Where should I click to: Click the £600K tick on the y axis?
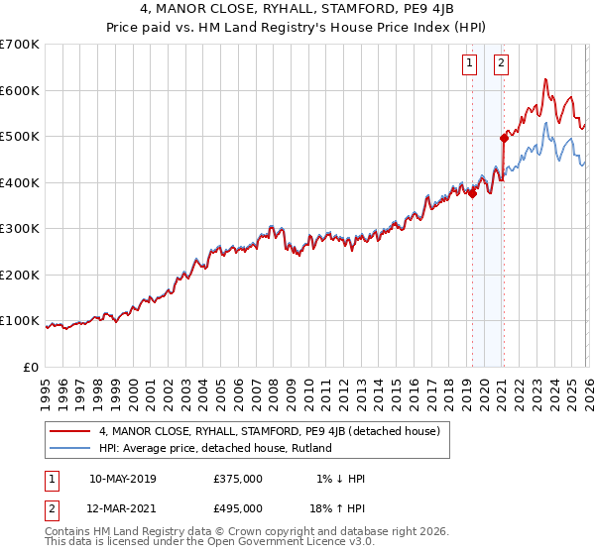tap(20, 90)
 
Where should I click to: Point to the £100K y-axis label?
tap(20, 321)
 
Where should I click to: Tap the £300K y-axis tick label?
tap(20, 229)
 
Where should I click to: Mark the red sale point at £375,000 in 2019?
tap(472, 194)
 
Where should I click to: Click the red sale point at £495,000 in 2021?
tap(504, 139)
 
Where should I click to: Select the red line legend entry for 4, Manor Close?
tap(275, 431)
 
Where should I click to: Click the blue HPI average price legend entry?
tap(214, 448)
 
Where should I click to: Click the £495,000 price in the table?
tap(238, 510)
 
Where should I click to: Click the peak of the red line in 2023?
tap(545, 79)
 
